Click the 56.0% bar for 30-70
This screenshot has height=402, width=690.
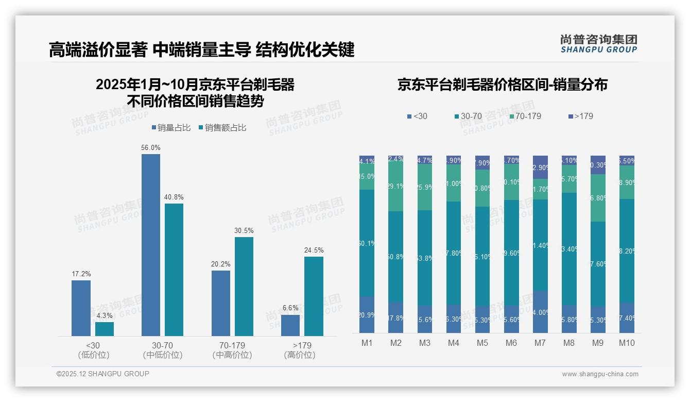150,245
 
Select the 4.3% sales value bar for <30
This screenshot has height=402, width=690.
105,329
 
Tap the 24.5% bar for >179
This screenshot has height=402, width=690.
314,296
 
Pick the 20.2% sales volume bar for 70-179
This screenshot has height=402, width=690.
220,303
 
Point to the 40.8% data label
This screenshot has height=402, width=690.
174,197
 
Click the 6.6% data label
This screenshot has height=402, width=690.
290,308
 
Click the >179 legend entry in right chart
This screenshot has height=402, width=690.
580,116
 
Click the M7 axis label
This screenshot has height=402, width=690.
541,343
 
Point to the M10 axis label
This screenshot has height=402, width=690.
627,343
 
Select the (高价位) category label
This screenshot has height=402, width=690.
300,355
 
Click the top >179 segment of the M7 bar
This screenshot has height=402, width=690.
541,167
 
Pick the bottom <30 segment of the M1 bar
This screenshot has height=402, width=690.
367,314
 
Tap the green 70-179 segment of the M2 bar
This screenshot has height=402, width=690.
395,186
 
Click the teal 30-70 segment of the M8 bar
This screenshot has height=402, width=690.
569,248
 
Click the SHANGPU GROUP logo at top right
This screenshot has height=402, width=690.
598,44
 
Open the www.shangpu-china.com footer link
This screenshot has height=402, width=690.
600,374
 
